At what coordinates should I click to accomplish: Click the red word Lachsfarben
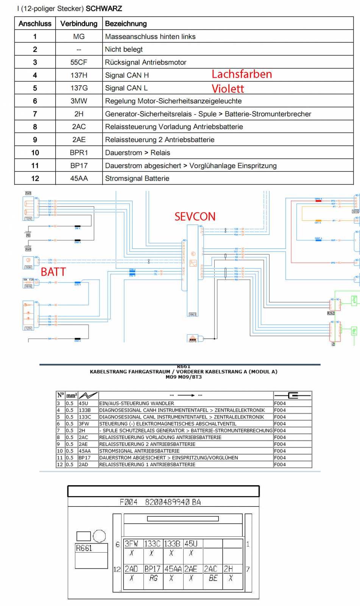242,74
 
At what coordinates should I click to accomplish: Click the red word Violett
228,89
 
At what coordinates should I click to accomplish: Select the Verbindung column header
79,23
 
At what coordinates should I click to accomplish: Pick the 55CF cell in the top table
79,62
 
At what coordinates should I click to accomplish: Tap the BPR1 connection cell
79,153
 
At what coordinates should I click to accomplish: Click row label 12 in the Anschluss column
35,178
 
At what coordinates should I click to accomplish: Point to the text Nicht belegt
124,49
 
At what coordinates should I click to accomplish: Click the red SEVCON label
195,216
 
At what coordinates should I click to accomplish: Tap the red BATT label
53,272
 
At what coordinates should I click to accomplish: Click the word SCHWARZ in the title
104,8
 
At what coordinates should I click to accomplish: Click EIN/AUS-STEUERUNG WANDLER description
137,403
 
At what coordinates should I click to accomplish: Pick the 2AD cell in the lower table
83,464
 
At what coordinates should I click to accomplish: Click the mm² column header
72,395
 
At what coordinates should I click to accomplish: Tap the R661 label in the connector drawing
84,548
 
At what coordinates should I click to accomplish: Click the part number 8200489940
167,502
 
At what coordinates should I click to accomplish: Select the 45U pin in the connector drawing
191,544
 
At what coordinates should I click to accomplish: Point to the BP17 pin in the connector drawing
153,569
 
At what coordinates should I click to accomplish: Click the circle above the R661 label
99,536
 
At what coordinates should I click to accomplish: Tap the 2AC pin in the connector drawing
210,569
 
